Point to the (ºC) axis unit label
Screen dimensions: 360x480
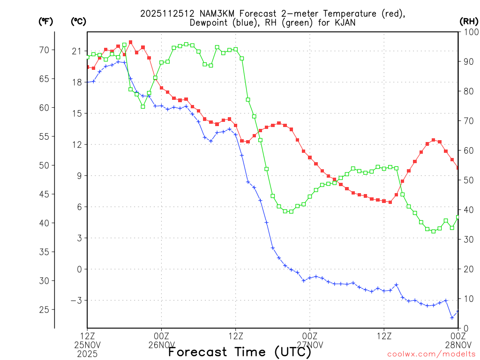[x=78, y=21]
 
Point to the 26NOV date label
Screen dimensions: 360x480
[x=162, y=345]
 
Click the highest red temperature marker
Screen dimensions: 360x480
[x=130, y=42]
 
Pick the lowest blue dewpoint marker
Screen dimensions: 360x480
[x=452, y=317]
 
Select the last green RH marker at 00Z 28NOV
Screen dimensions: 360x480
[x=458, y=217]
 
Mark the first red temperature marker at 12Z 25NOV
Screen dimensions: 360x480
[x=88, y=67]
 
